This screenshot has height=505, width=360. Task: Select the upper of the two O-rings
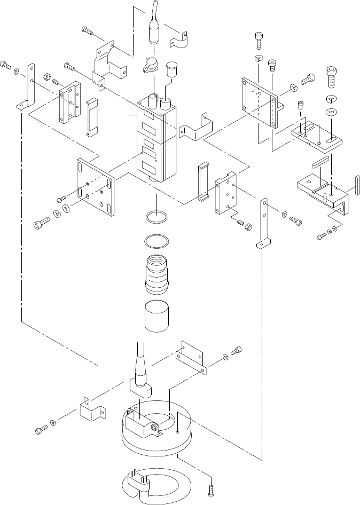pos(156,218)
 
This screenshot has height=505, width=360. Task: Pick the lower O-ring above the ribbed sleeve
pos(156,241)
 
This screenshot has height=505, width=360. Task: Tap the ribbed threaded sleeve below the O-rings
pos(156,274)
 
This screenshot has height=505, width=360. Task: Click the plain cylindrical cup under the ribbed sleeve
pos(156,317)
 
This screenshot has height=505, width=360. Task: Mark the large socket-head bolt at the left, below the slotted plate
pos(41,226)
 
